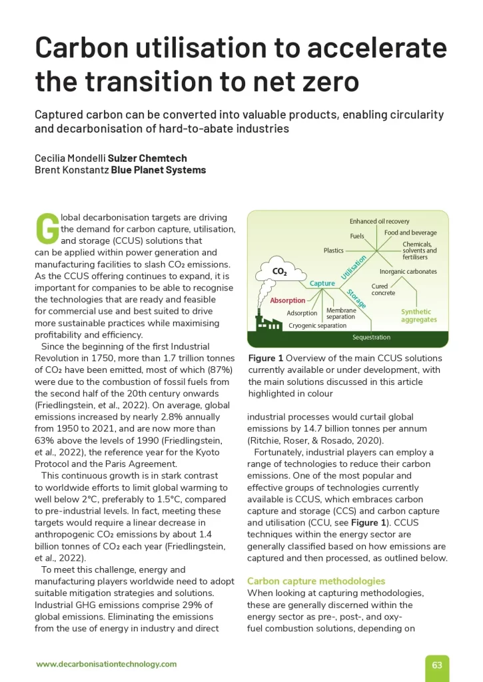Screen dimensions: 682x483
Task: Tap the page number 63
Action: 437,665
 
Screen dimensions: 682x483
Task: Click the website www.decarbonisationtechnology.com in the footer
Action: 106,664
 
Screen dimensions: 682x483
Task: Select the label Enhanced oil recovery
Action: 379,221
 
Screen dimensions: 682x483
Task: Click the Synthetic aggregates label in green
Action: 418,316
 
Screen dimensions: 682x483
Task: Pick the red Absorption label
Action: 288,300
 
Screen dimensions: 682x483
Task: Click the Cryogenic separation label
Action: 317,326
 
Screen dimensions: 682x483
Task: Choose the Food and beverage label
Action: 410,232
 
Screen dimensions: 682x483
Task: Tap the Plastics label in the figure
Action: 333,250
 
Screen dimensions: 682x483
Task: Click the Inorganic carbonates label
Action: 408,272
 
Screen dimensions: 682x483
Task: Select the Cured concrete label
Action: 383,289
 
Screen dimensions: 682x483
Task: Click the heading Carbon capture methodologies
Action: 316,581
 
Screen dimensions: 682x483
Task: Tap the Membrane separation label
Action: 341,313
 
